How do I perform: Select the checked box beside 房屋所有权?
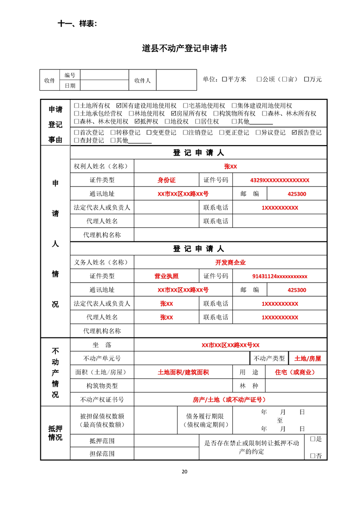[173, 113]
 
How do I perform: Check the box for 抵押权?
[138, 122]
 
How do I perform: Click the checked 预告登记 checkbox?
[294, 132]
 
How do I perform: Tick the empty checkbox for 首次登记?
[76, 132]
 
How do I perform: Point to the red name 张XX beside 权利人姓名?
[230, 166]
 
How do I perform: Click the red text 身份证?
[166, 180]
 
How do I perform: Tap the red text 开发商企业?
[230, 262]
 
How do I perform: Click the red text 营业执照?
[166, 276]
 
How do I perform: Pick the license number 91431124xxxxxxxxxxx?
[280, 276]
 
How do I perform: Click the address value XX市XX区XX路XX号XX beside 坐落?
[230, 345]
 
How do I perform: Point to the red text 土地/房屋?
[307, 358]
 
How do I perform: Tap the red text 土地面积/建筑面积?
[183, 372]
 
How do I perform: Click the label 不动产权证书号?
[102, 400]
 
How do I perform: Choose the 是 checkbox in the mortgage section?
[312, 439]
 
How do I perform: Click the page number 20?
[184, 471]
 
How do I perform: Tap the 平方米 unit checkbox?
[224, 79]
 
